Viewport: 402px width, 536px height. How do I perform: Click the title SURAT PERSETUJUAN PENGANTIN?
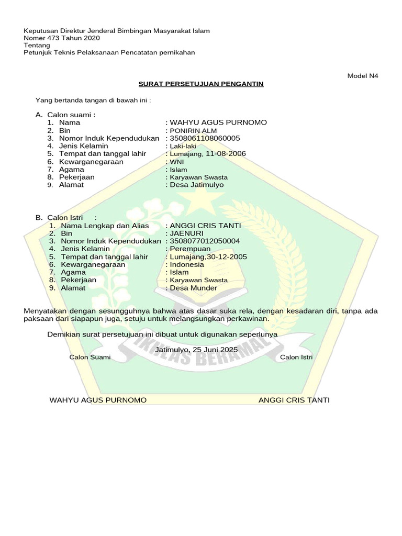[201, 84]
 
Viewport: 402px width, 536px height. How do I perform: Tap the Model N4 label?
[363, 76]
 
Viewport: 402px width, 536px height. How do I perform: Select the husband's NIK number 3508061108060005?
[204, 138]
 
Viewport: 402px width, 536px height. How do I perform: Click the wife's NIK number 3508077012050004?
[204, 241]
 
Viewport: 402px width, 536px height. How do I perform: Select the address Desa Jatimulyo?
[196, 185]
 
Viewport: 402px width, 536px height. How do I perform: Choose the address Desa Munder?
[193, 288]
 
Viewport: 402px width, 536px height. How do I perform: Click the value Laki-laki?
[183, 146]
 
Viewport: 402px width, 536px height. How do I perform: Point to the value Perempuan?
[189, 249]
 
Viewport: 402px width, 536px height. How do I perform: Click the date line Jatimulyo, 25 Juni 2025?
[197, 349]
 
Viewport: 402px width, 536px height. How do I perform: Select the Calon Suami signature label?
[90, 357]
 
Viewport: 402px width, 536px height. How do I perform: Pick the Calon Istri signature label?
[296, 357]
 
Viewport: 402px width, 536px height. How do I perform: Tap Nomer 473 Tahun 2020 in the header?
[62, 38]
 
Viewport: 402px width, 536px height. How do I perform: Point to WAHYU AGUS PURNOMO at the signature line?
[98, 400]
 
